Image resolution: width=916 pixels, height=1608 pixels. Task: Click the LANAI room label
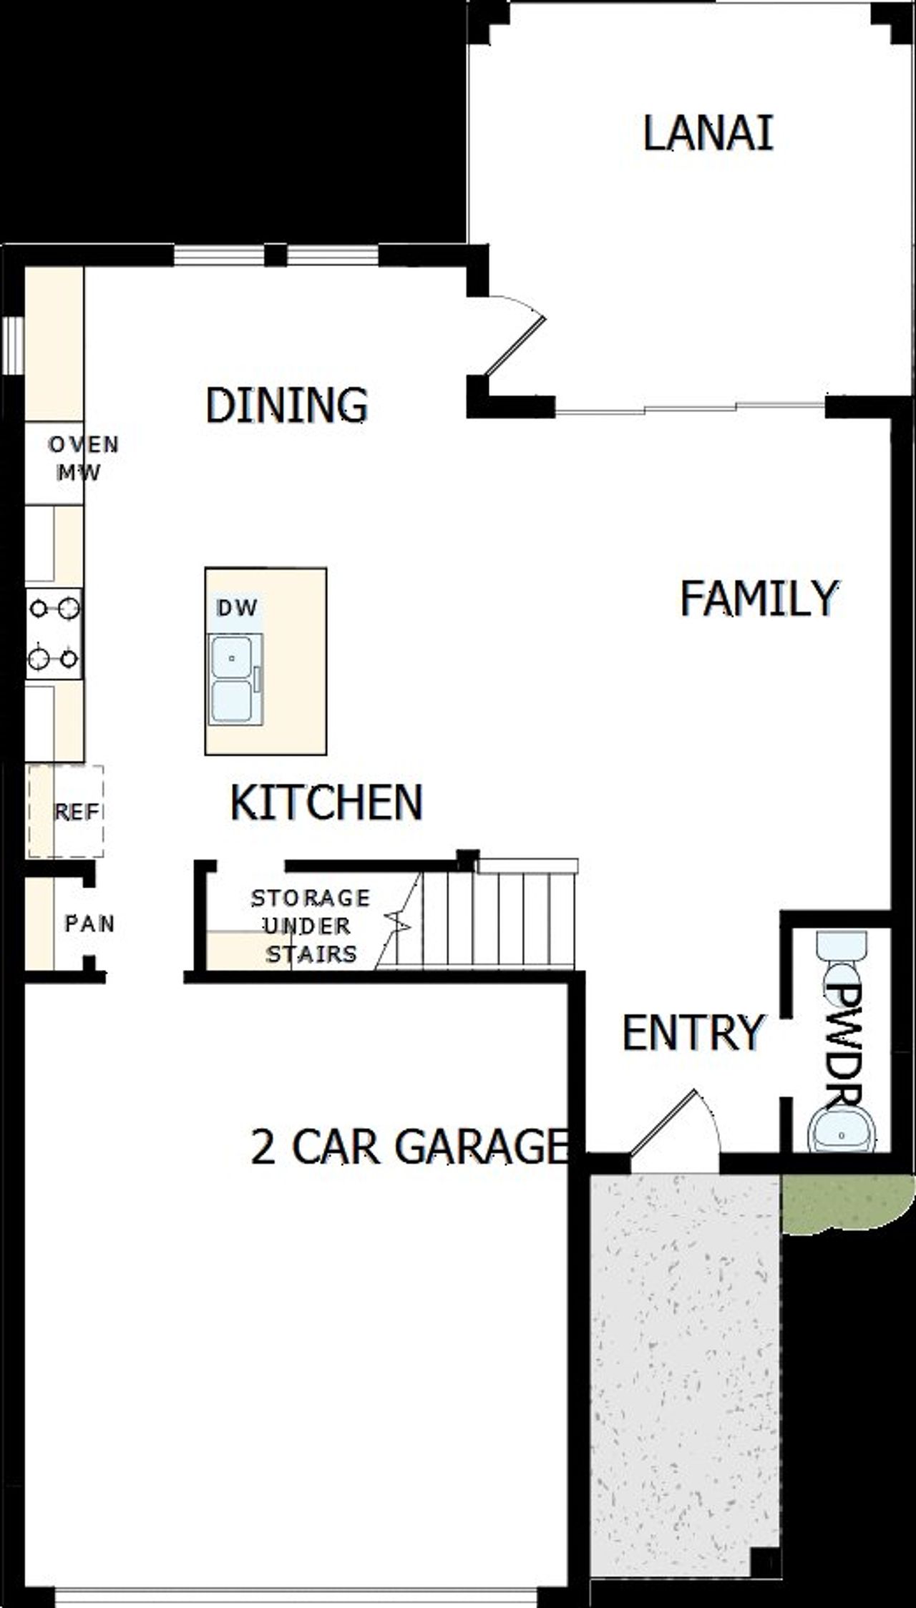coord(708,134)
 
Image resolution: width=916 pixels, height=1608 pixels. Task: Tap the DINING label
coord(287,405)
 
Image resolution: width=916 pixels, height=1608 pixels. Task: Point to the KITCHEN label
coord(326,802)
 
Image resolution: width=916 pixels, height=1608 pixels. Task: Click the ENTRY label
coord(693,1033)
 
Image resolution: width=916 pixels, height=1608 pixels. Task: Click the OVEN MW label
coord(82,459)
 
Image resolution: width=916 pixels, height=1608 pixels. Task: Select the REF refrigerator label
coord(77,812)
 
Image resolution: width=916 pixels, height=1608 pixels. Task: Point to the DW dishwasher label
coord(237,609)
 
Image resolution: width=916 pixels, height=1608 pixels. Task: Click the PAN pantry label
coord(89,923)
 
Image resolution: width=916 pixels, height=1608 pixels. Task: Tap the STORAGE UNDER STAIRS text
coord(311,926)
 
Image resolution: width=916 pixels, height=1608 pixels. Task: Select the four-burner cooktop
coord(54,634)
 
